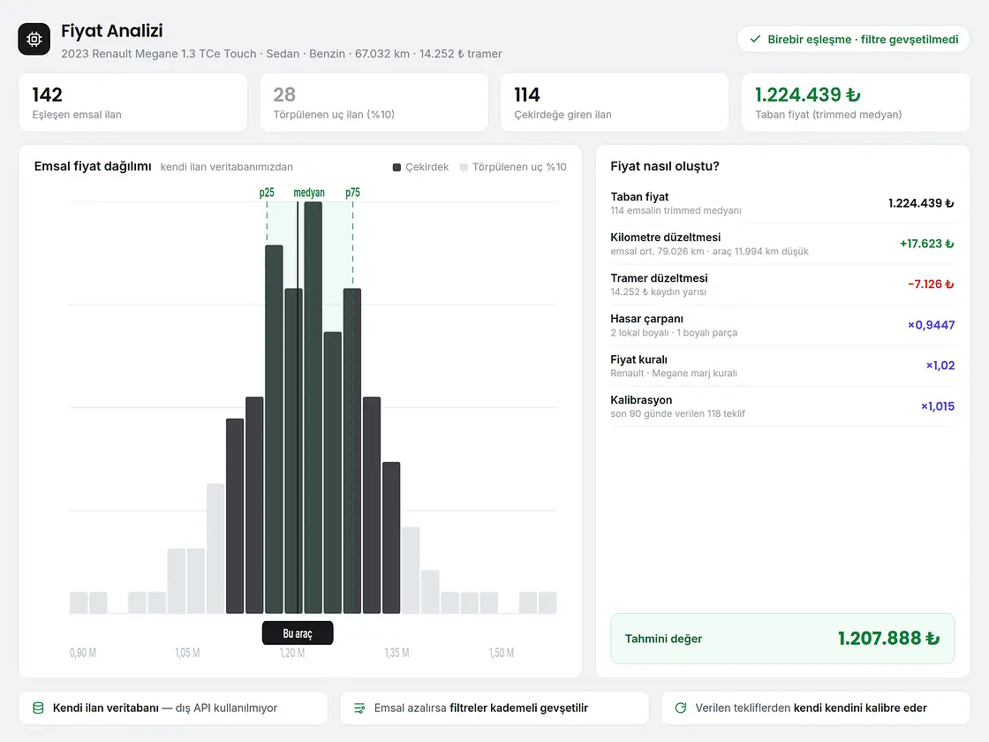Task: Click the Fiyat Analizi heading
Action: click(111, 31)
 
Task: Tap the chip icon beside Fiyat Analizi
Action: click(34, 39)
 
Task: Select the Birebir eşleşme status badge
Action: click(853, 39)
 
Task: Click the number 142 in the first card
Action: click(48, 95)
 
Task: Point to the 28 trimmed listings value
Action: click(284, 95)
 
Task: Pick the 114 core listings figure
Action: click(526, 95)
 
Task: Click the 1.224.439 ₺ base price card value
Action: click(807, 95)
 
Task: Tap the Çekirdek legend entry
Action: click(420, 167)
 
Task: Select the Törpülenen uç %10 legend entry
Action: click(513, 167)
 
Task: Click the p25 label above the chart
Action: click(267, 193)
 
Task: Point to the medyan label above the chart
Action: click(309, 193)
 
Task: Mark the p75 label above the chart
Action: click(352, 193)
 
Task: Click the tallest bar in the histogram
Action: click(313, 407)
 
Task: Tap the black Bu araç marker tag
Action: click(298, 633)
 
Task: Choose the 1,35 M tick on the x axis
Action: click(396, 653)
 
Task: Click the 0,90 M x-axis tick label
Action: click(83, 653)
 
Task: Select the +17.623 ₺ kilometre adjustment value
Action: click(926, 244)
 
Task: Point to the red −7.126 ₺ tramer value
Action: click(931, 284)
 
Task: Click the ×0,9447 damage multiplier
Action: click(931, 325)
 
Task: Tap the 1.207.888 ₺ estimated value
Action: click(888, 639)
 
